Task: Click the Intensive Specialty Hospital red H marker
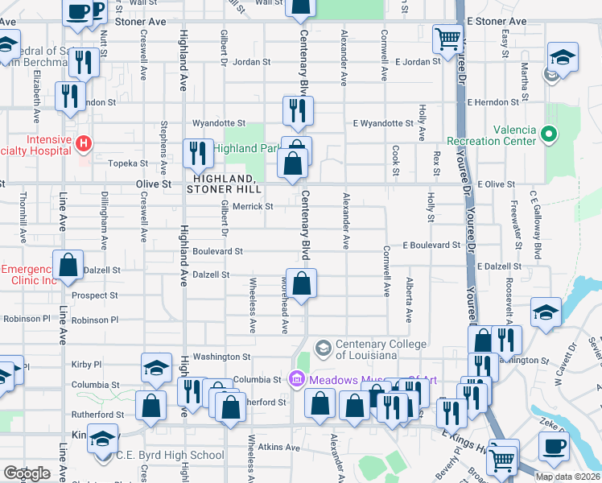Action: (83, 144)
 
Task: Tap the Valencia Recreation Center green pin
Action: (550, 134)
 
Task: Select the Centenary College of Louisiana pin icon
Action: (324, 348)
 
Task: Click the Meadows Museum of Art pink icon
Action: (295, 378)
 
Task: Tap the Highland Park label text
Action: (246, 148)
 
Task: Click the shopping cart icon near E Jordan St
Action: (447, 39)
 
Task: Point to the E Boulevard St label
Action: (431, 245)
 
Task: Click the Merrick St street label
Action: (254, 207)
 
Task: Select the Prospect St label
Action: (94, 295)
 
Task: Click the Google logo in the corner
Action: (27, 473)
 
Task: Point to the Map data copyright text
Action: (567, 477)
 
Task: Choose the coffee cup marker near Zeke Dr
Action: (553, 446)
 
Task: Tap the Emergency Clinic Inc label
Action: (30, 275)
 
